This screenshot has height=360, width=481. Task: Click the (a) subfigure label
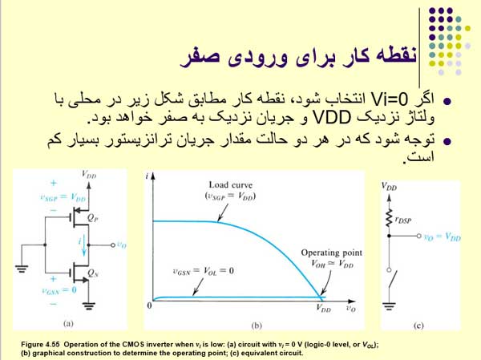[x=67, y=324]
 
